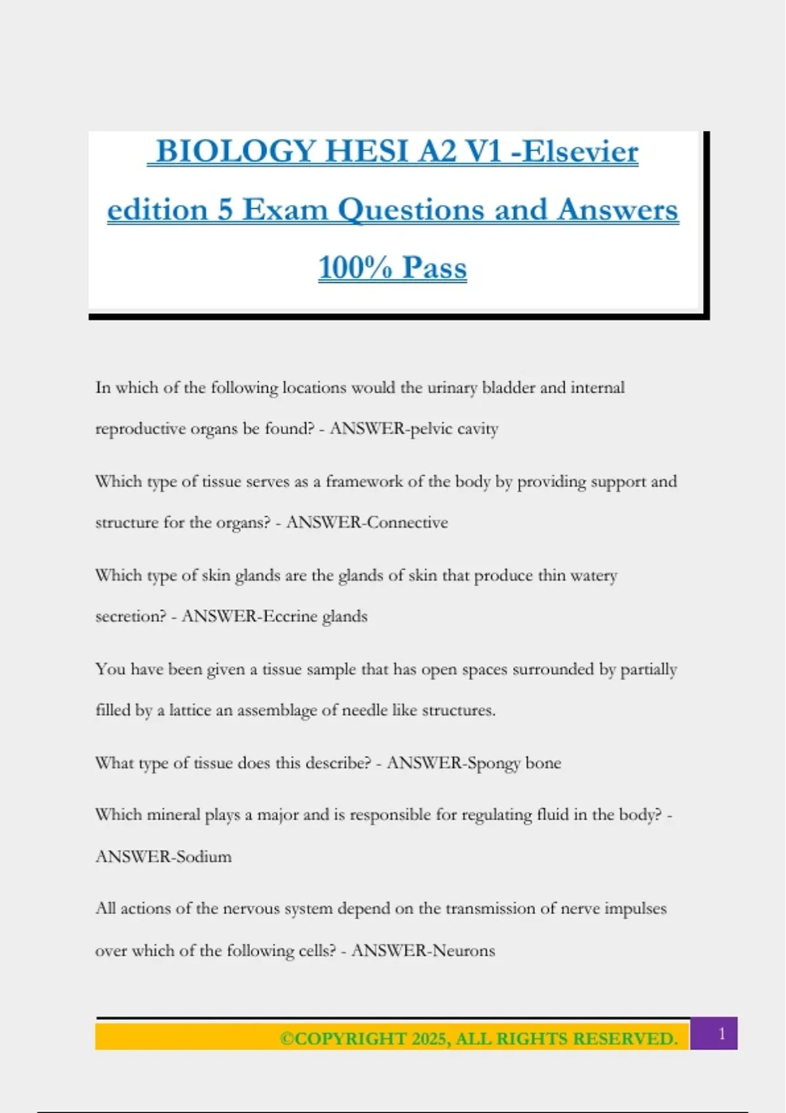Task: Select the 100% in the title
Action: tap(355, 268)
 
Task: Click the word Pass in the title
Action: tap(434, 268)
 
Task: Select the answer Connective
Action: tap(407, 522)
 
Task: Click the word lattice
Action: tap(190, 710)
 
